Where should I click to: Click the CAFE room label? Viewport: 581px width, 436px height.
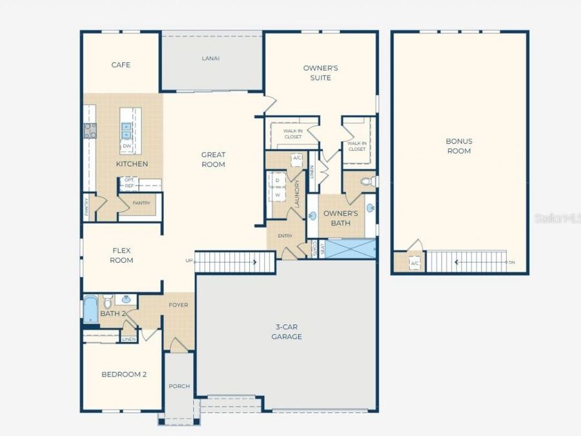[x=121, y=65]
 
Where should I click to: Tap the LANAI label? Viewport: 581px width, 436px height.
[x=210, y=58]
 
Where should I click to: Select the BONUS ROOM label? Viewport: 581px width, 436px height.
[x=458, y=146]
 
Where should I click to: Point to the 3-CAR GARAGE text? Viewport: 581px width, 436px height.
[x=287, y=332]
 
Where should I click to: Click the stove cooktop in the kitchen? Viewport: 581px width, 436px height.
[x=90, y=130]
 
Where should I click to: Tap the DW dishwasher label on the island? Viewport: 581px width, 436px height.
[x=127, y=146]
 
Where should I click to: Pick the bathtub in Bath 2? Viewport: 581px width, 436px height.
[x=90, y=309]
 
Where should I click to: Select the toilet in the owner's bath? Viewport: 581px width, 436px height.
[x=367, y=182]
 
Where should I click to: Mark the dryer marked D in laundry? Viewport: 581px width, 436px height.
[x=278, y=180]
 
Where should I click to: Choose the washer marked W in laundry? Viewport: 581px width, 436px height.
[x=278, y=194]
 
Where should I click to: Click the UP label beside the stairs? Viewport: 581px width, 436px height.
[x=189, y=261]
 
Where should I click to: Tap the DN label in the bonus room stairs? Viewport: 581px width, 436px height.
[x=512, y=262]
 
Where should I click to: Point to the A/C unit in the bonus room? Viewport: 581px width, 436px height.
[x=414, y=264]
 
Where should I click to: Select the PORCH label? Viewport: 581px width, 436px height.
[x=179, y=386]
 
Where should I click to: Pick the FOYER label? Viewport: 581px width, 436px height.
[x=178, y=305]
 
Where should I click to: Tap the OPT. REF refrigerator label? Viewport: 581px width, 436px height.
[x=129, y=183]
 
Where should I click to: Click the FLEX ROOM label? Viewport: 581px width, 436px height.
[x=121, y=256]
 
